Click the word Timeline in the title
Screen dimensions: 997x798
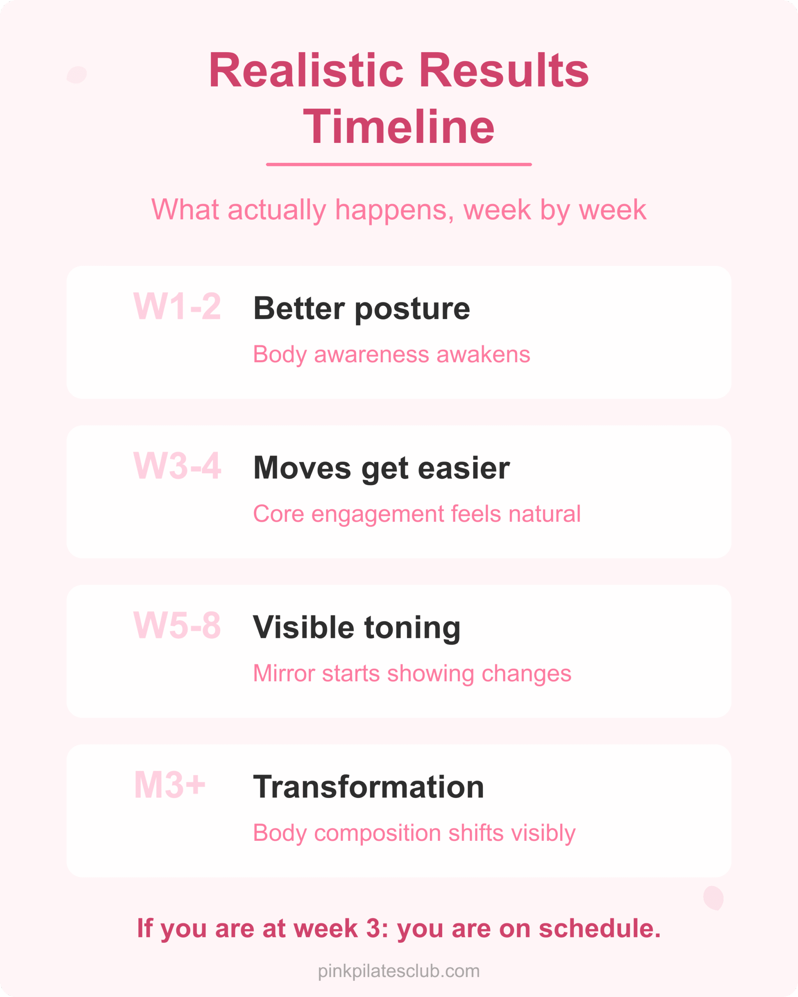point(399,127)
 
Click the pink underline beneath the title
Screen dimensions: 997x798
point(399,164)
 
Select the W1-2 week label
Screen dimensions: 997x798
point(177,306)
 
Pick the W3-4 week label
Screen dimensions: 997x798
point(177,466)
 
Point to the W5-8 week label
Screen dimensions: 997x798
point(177,625)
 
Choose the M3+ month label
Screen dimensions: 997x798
point(169,785)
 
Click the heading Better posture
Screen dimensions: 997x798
point(361,308)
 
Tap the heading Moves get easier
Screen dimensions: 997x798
point(381,468)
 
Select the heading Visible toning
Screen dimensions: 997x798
point(357,627)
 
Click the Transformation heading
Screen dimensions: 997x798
point(368,787)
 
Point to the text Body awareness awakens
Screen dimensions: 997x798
point(391,355)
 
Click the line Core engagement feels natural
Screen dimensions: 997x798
point(417,514)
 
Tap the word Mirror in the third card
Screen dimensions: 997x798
point(284,673)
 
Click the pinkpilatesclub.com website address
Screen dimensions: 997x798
point(399,971)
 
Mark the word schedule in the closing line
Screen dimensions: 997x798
point(600,928)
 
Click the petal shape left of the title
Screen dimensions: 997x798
point(77,74)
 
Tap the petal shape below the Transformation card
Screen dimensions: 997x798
point(713,898)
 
